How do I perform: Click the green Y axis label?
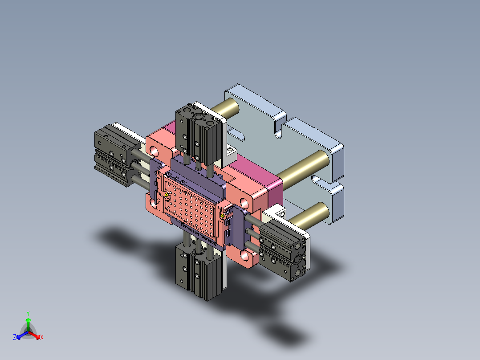[28, 313]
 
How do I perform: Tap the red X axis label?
[42, 338]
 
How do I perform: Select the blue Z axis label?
[15, 337]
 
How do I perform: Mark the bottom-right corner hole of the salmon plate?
[244, 256]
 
